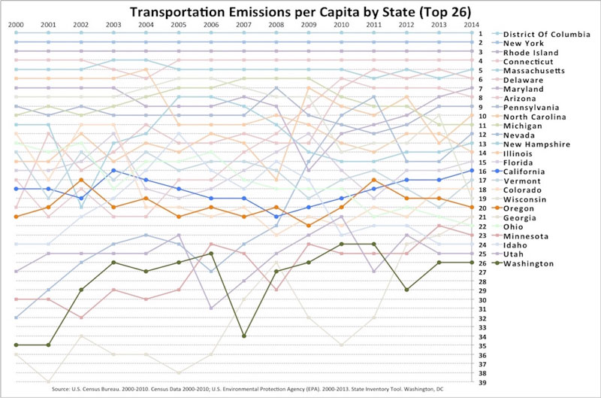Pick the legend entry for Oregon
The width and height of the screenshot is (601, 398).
click(x=518, y=208)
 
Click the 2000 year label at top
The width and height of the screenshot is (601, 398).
click(x=16, y=25)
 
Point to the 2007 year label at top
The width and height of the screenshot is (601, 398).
click(x=243, y=25)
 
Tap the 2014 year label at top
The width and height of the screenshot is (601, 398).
click(x=472, y=25)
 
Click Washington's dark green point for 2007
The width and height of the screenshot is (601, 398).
click(x=243, y=336)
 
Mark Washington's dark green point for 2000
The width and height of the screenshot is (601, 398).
click(x=16, y=345)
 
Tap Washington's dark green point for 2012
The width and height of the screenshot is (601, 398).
click(x=406, y=290)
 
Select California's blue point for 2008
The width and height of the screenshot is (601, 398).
click(x=276, y=217)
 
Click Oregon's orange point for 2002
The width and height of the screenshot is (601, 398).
click(x=80, y=180)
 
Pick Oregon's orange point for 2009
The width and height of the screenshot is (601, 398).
click(x=308, y=226)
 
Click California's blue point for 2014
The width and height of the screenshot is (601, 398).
click(x=472, y=171)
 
